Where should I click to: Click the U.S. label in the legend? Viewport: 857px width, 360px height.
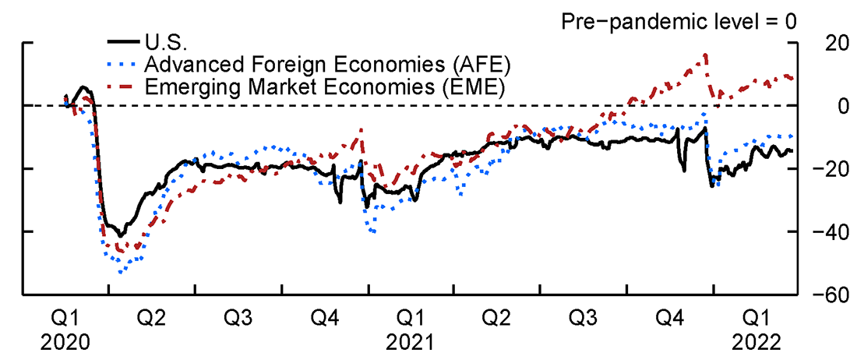pos(164,41)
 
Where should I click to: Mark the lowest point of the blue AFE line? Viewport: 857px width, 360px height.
pos(120,272)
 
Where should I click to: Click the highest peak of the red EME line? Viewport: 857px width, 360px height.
pos(705,55)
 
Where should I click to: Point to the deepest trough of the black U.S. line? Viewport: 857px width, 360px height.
pos(120,235)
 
